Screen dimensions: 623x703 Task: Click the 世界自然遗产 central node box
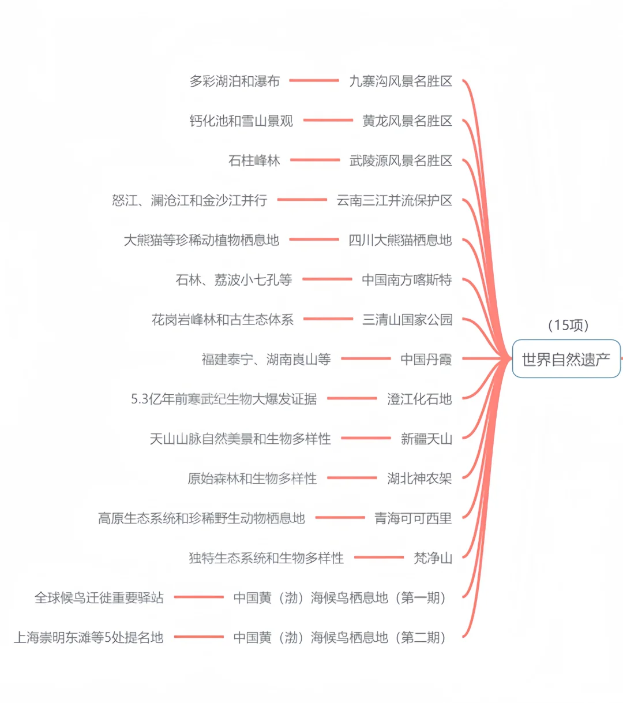click(x=566, y=359)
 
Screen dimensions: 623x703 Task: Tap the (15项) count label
click(x=568, y=326)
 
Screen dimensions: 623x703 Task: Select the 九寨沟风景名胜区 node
click(x=400, y=81)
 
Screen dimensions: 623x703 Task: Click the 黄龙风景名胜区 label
click(x=407, y=121)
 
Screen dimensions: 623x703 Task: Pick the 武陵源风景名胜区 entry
click(x=400, y=160)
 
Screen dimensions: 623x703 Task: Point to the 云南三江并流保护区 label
click(x=394, y=200)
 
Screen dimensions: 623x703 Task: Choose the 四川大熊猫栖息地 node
click(x=400, y=240)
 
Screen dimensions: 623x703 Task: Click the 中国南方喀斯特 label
click(x=407, y=280)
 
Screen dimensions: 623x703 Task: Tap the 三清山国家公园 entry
click(x=407, y=320)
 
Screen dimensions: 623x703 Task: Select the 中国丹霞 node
click(x=426, y=360)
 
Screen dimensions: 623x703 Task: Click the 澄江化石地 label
click(x=419, y=399)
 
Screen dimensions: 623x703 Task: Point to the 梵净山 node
click(x=433, y=558)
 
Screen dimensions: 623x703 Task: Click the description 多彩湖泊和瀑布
click(x=234, y=81)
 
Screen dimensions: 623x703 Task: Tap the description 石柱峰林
click(x=254, y=160)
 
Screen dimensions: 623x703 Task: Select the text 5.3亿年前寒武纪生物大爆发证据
click(x=224, y=399)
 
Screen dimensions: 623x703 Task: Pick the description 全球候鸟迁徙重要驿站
click(x=99, y=598)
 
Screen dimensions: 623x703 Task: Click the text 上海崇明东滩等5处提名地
click(x=88, y=638)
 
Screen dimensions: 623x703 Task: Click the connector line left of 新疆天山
click(x=366, y=438)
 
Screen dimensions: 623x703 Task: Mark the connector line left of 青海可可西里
click(x=340, y=518)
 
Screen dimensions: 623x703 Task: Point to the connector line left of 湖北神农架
click(x=352, y=478)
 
